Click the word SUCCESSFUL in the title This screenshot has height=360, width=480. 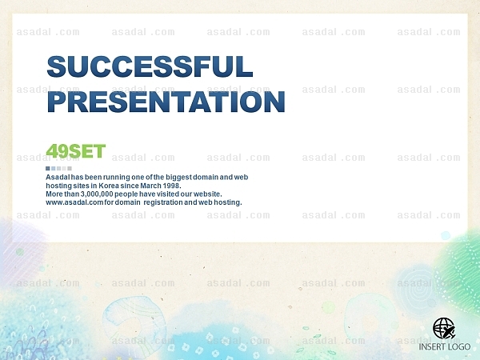[x=150, y=66]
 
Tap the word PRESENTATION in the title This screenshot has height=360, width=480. [x=166, y=102]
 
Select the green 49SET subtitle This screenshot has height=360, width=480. [x=76, y=151]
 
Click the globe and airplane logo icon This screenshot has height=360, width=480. [x=444, y=329]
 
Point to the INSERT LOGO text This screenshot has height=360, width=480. [x=445, y=347]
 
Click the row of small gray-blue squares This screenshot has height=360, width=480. [x=58, y=168]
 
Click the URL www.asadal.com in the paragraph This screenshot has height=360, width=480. [x=74, y=202]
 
